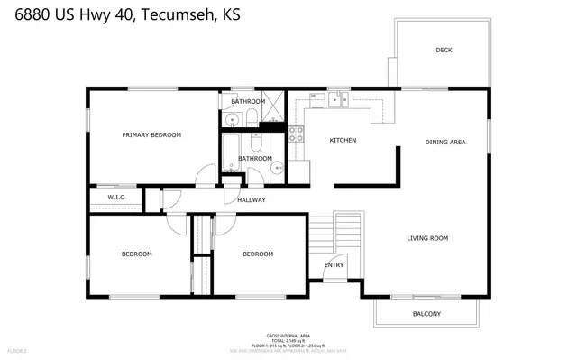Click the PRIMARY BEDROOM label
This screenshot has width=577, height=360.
[x=151, y=134]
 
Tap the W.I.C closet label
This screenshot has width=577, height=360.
[x=115, y=197]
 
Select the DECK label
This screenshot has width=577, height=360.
[x=444, y=51]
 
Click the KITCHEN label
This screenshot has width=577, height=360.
[x=343, y=140]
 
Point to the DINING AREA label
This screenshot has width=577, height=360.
[x=444, y=142]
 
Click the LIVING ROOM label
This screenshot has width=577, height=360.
[x=427, y=238]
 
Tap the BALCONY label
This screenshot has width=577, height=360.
[x=426, y=314]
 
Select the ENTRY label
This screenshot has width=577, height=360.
[x=334, y=264]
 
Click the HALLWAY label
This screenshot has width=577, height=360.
[x=251, y=199]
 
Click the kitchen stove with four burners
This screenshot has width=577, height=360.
[x=296, y=135]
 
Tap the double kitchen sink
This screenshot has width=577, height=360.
[x=338, y=98]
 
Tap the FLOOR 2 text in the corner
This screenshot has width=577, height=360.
[x=17, y=349]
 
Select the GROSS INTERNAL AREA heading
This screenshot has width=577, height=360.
[x=288, y=334]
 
